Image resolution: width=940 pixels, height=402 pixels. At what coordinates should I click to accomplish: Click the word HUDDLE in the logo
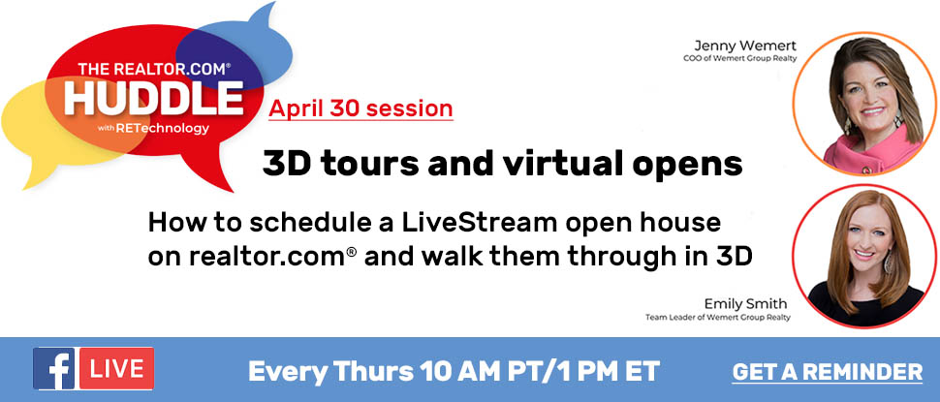[x=153, y=98]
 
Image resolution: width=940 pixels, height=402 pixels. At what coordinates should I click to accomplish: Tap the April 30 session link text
[x=360, y=108]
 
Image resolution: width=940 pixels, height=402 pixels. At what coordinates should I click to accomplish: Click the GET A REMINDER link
[x=828, y=371]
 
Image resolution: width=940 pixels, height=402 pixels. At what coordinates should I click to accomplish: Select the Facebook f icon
[x=54, y=368]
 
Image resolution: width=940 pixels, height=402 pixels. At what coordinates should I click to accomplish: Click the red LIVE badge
[x=115, y=368]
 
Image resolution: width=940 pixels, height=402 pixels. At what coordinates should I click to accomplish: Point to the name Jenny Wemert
[x=745, y=46]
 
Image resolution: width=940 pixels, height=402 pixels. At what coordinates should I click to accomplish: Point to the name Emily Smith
[x=746, y=303]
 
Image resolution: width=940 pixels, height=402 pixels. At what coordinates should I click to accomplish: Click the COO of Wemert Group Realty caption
[x=739, y=59]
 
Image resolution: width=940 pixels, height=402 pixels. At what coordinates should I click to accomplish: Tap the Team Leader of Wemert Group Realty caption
[x=717, y=317]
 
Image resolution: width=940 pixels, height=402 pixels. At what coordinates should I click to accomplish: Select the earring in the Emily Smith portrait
[x=889, y=262]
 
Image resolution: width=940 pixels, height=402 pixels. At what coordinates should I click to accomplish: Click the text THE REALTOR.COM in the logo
[x=153, y=69]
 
